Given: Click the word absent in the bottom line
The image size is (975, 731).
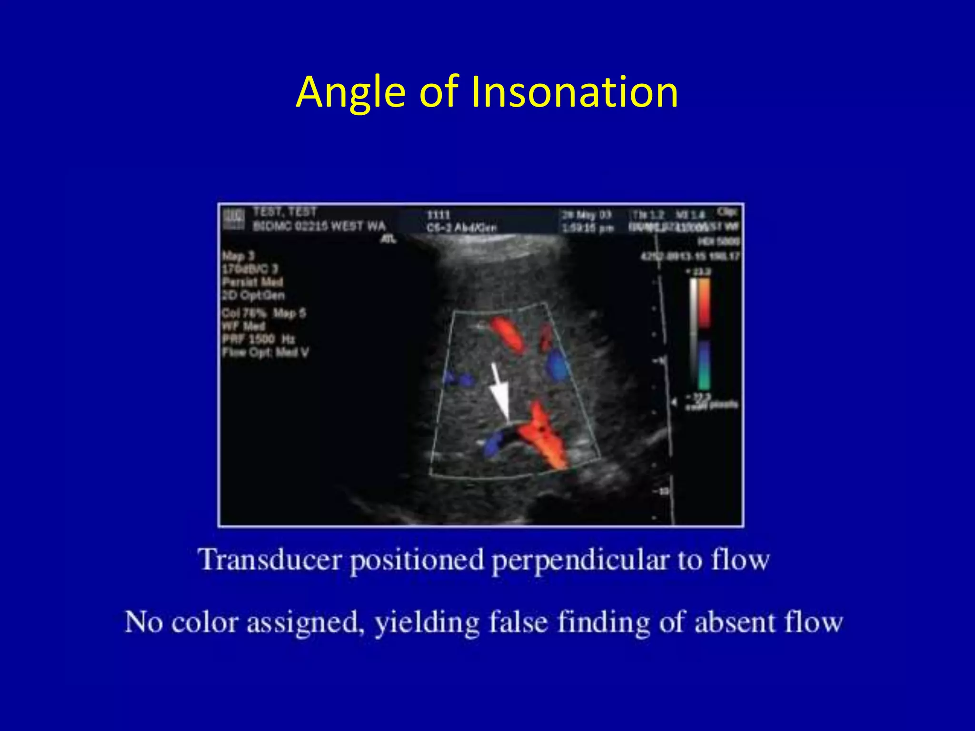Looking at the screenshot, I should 734,622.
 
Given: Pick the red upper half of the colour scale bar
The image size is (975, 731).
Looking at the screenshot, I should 704,302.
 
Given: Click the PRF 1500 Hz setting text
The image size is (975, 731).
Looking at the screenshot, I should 259,339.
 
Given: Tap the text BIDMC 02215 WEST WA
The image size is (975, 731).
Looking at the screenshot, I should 319,226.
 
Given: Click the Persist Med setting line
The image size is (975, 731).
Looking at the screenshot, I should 252,282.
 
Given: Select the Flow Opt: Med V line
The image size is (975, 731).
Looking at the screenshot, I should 265,353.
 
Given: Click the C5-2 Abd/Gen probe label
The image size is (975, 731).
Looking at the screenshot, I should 461,228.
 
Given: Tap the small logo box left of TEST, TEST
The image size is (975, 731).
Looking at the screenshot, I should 234,219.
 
